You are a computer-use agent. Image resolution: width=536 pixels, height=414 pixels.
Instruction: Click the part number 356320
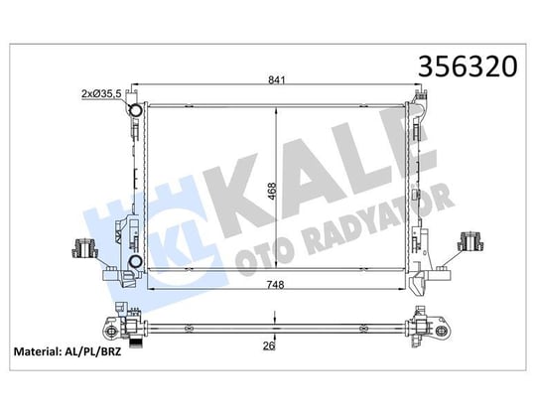click(468, 67)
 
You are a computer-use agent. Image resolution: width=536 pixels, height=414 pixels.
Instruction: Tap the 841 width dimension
click(277, 80)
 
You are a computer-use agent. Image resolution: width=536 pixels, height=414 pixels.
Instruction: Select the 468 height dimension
click(272, 192)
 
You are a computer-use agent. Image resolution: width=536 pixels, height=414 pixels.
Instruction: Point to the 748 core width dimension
click(276, 284)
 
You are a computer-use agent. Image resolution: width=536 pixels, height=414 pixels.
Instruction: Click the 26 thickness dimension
click(269, 345)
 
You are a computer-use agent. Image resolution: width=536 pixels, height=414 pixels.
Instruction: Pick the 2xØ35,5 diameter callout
click(101, 93)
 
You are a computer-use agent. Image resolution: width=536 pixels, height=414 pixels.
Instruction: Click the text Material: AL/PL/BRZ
click(67, 351)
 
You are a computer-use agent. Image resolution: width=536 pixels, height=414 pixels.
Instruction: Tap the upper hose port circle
click(135, 110)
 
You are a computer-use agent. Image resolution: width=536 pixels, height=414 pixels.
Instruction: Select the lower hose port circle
click(135, 262)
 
